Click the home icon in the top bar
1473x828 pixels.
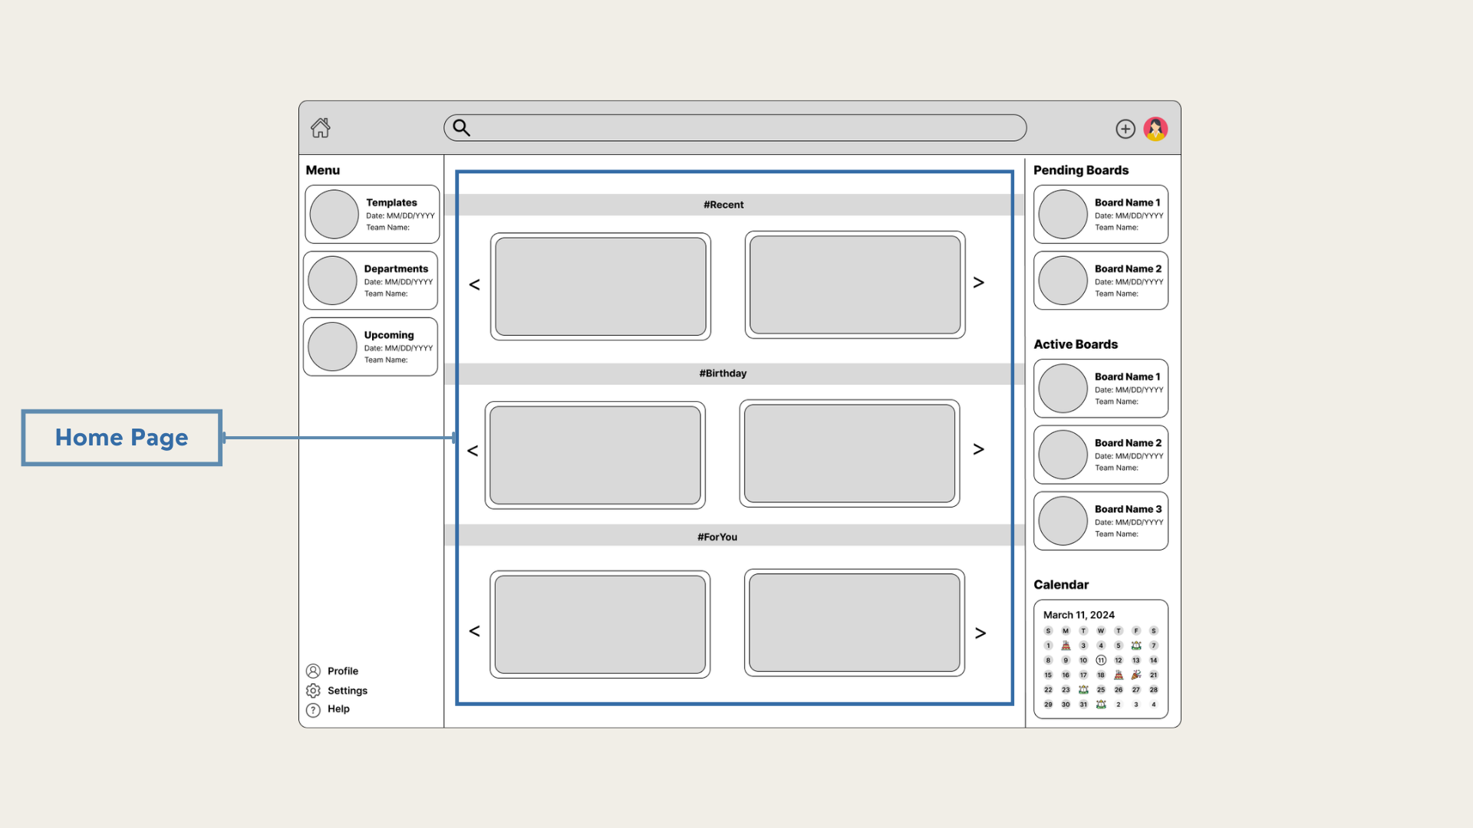click(x=321, y=127)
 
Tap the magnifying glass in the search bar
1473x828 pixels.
click(x=461, y=127)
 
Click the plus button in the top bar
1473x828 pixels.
click(x=1125, y=129)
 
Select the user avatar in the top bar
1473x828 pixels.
click(x=1155, y=129)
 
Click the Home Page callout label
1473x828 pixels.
click(x=122, y=438)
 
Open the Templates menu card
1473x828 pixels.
click(x=372, y=214)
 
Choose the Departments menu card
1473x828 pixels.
click(x=371, y=281)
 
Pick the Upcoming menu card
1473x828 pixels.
click(x=371, y=347)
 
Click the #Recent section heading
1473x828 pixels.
click(x=723, y=205)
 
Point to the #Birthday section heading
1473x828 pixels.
click(x=723, y=373)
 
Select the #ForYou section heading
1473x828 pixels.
click(x=717, y=537)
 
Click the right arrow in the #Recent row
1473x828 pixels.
click(x=979, y=283)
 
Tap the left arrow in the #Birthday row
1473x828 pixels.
click(x=473, y=451)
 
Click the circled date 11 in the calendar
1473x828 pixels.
click(x=1101, y=660)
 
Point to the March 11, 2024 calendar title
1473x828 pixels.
click(x=1079, y=615)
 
